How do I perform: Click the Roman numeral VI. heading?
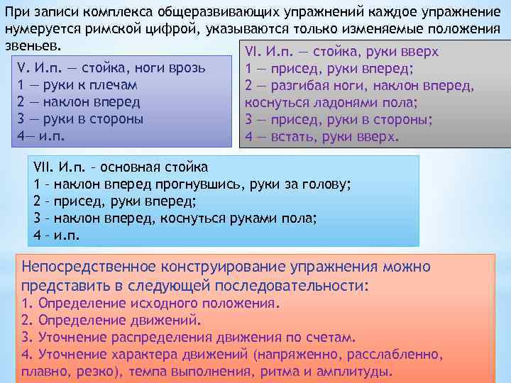point(253,53)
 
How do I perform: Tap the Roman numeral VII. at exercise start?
point(45,168)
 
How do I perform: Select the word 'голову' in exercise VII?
point(328,184)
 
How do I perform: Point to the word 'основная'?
point(128,168)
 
